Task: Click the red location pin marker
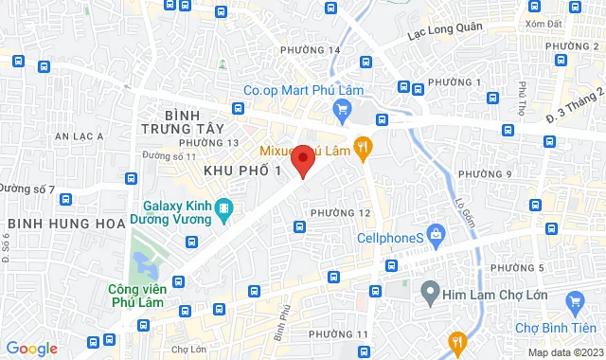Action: tap(303, 160)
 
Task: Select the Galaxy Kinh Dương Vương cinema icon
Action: tap(223, 208)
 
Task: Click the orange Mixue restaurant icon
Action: tap(363, 149)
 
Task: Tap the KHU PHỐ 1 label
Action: tap(243, 170)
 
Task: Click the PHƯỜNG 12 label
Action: tap(340, 212)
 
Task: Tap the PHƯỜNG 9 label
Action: tap(484, 174)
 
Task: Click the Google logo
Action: tap(31, 349)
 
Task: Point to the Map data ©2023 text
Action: tap(562, 352)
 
